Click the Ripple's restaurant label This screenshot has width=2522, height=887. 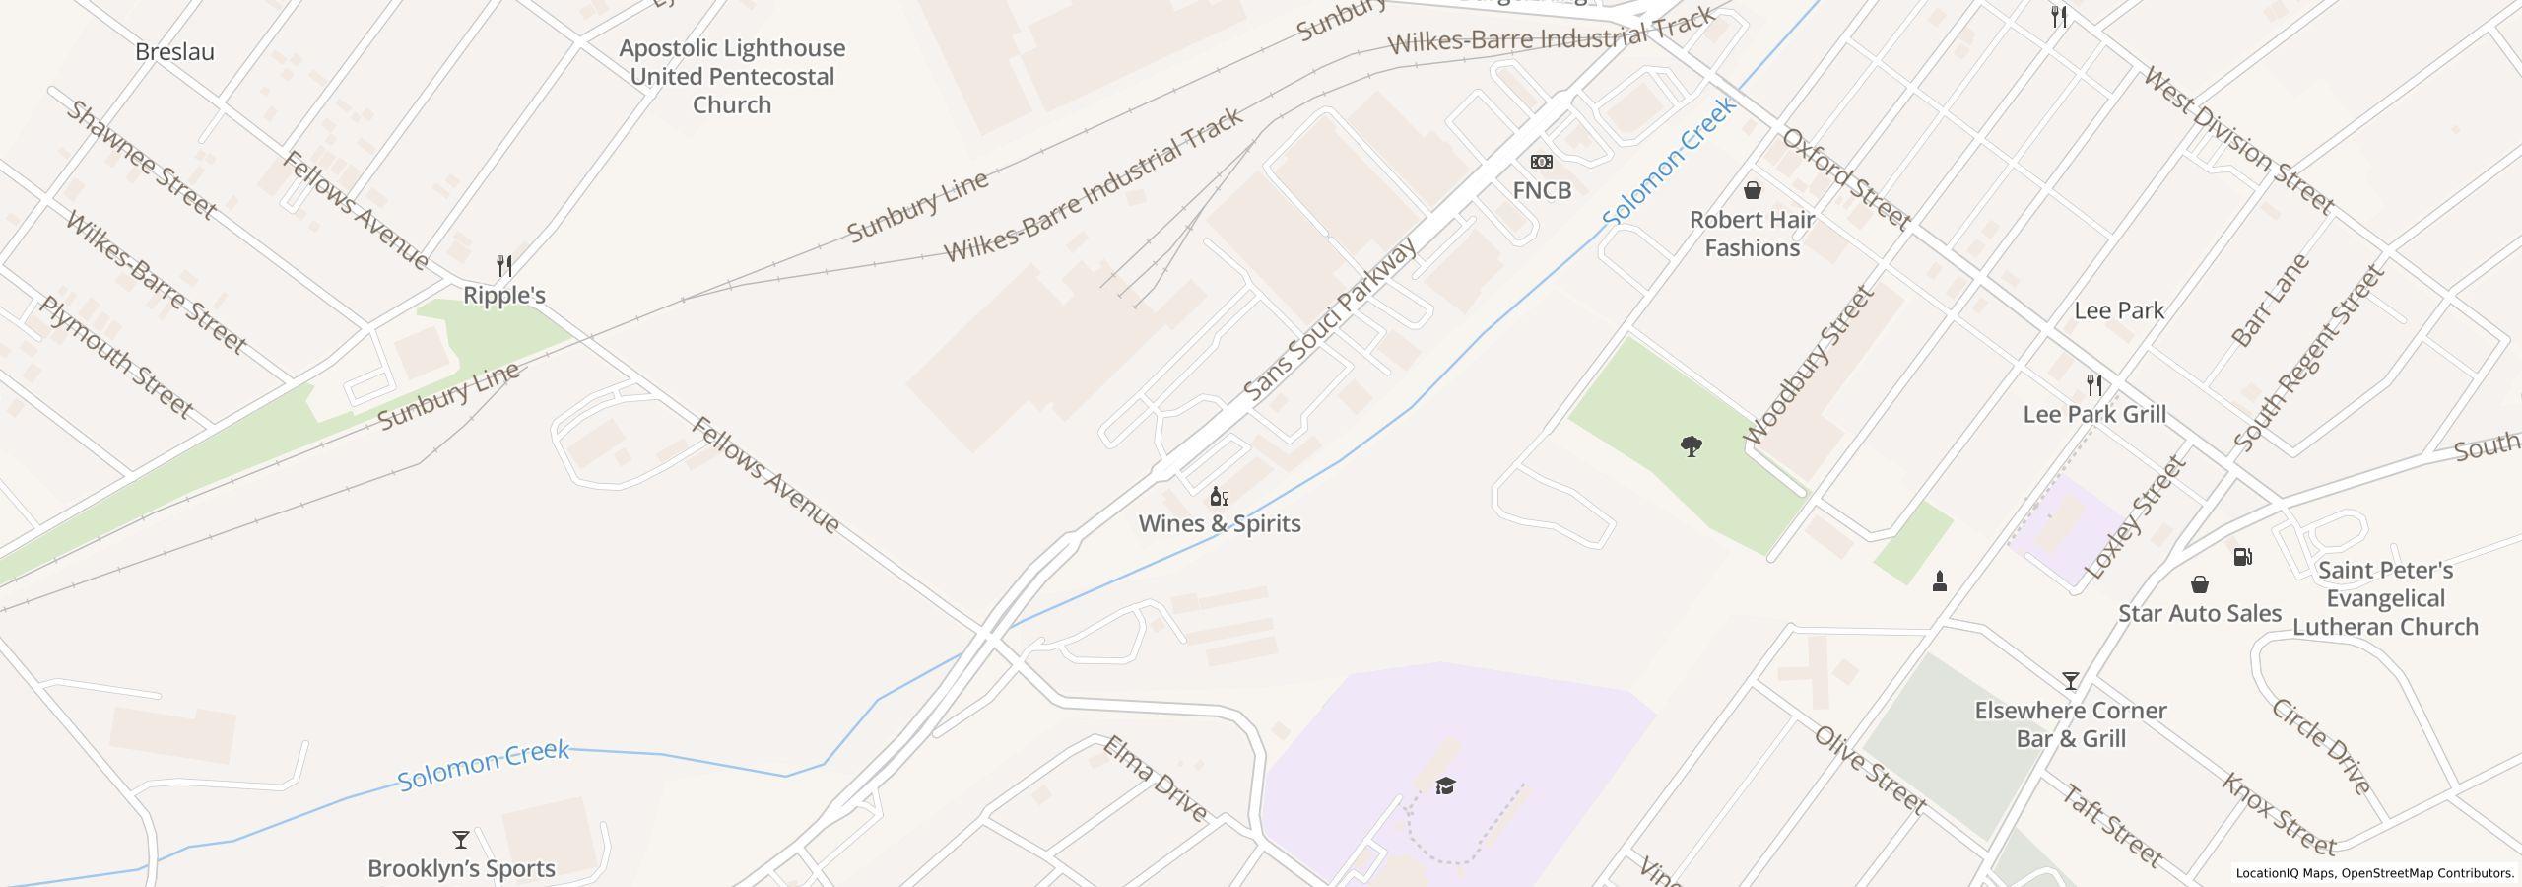click(503, 295)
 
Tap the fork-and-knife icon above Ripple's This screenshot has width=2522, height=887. click(504, 265)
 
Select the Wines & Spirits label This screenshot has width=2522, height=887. click(1220, 523)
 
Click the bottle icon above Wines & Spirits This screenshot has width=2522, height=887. click(1219, 496)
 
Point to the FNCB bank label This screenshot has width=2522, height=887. click(1542, 190)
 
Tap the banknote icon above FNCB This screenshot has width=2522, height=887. click(1542, 162)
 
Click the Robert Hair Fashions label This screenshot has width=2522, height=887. click(1752, 234)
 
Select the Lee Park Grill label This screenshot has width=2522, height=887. click(2094, 414)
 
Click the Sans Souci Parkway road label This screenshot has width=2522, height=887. click(1329, 319)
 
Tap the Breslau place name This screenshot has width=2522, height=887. click(174, 52)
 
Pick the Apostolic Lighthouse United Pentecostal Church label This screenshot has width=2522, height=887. click(731, 77)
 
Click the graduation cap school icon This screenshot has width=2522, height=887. click(1445, 785)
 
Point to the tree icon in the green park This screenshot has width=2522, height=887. click(1691, 446)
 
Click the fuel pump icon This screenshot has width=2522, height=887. click(2242, 557)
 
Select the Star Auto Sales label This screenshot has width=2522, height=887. click(2200, 613)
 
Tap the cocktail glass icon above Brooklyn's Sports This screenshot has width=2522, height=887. click(460, 840)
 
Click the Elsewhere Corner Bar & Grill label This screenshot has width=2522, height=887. click(2071, 724)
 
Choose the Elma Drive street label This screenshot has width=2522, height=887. click(1155, 779)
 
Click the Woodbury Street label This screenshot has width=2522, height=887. click(1808, 365)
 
